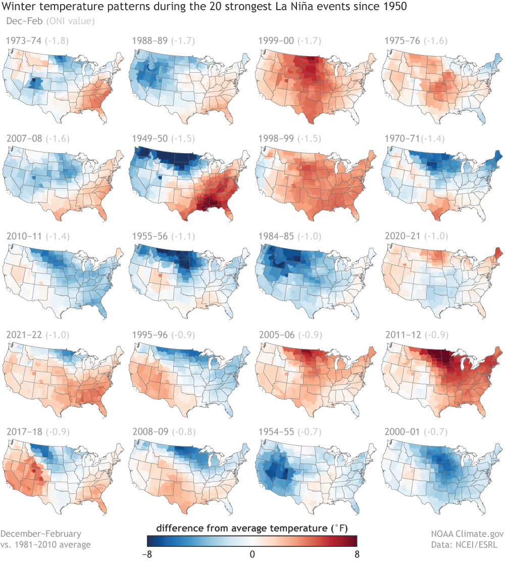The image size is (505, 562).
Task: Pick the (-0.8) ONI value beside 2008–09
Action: point(179,432)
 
